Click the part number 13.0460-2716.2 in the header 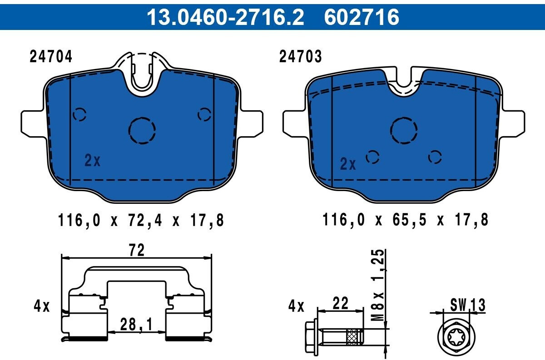point(225,17)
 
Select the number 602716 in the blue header point(362,17)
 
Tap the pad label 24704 point(51,57)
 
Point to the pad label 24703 point(301,56)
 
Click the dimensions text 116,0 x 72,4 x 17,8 point(141,220)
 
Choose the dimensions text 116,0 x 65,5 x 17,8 point(405,220)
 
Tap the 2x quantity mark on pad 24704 point(92,160)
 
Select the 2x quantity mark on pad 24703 point(348,164)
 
